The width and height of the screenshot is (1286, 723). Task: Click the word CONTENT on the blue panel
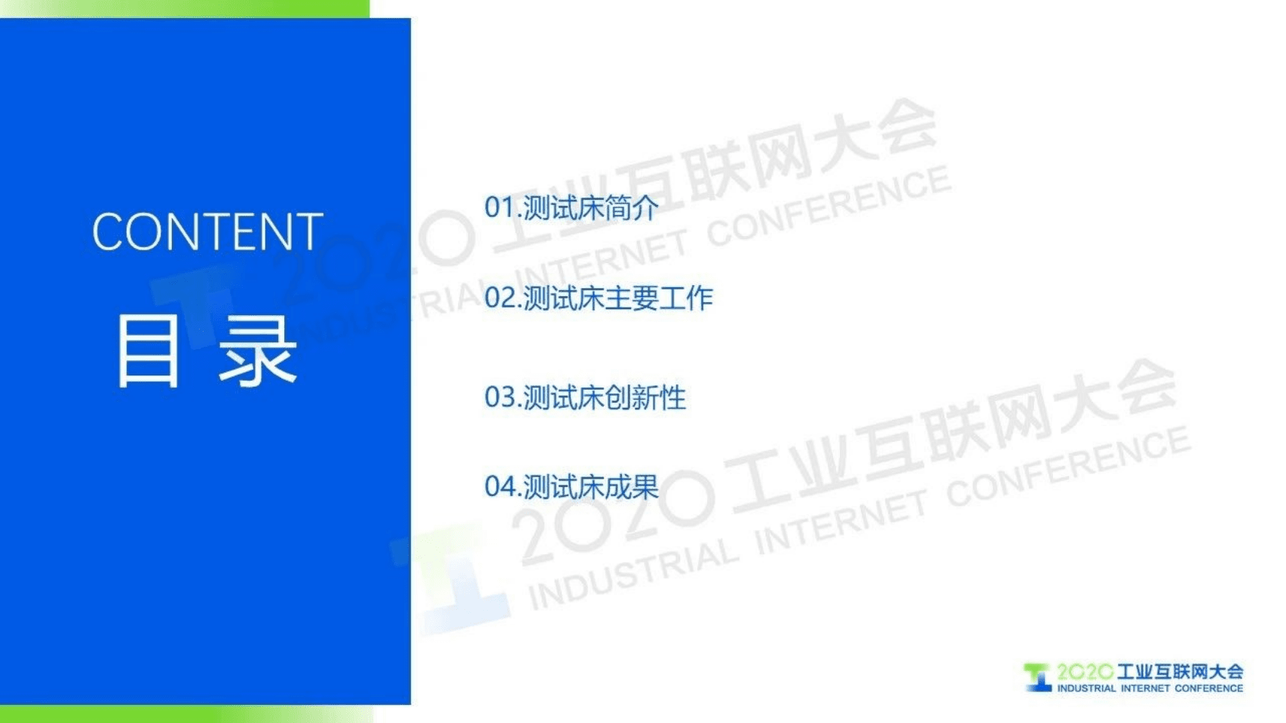tap(207, 231)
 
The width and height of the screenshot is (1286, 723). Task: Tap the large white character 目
tap(149, 351)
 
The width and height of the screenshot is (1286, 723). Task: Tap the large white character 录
tap(258, 351)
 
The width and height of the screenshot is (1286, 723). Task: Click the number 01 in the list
tap(498, 207)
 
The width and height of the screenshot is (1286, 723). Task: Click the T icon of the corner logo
tap(1038, 677)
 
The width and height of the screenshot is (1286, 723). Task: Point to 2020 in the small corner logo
tap(1084, 671)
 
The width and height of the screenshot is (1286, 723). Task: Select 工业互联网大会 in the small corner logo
tap(1180, 671)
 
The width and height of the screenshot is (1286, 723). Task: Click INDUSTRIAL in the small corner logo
tap(1086, 688)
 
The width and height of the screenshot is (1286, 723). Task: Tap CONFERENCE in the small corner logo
tap(1209, 688)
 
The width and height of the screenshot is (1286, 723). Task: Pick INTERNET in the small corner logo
tap(1145, 688)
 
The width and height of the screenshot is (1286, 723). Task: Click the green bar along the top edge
tap(185, 8)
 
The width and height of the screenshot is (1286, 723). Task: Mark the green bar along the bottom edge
tap(185, 714)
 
